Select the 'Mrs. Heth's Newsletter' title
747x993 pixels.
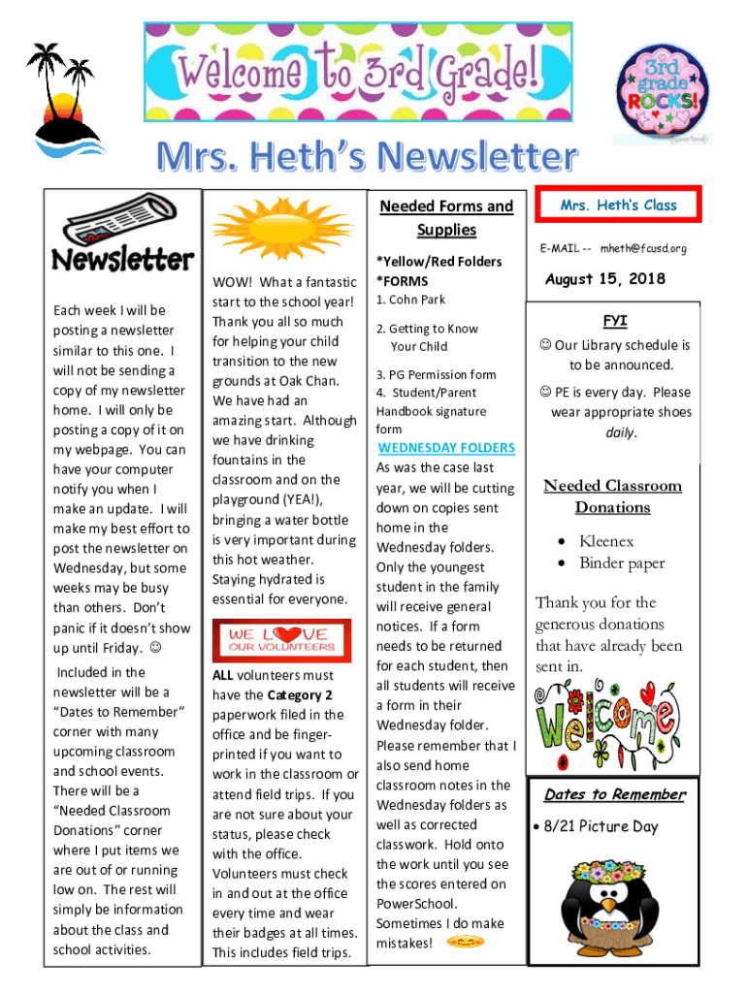[374, 157]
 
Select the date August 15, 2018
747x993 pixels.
[605, 279]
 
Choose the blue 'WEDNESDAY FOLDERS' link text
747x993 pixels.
[446, 448]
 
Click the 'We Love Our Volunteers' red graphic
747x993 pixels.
[284, 640]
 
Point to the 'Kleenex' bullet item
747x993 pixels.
[606, 541]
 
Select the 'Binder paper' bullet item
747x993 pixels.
[622, 563]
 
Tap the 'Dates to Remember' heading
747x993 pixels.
[614, 795]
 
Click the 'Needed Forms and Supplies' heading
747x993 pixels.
[446, 218]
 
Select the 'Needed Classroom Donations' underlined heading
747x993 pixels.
[612, 496]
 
